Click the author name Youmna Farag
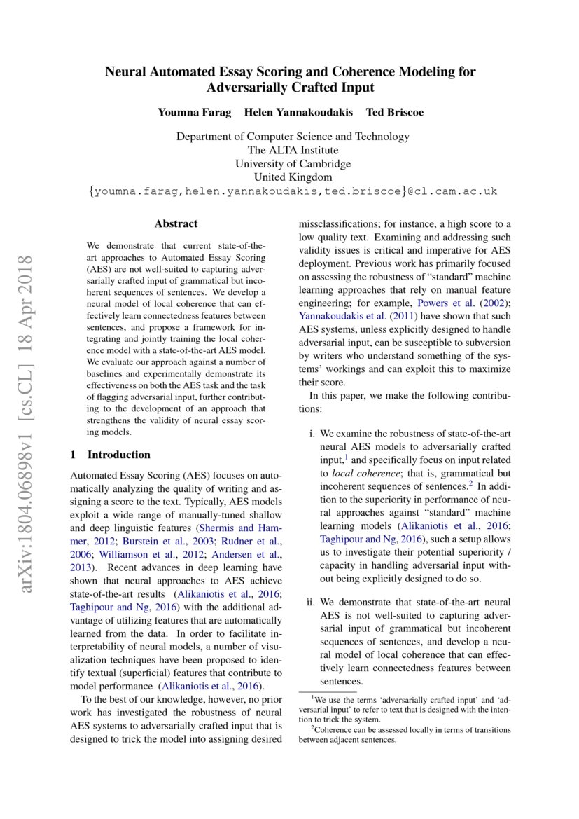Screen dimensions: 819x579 tap(194, 113)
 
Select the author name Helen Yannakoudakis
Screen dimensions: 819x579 tap(298, 113)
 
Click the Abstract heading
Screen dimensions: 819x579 tap(176, 224)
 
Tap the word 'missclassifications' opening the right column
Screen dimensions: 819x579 tap(337, 224)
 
